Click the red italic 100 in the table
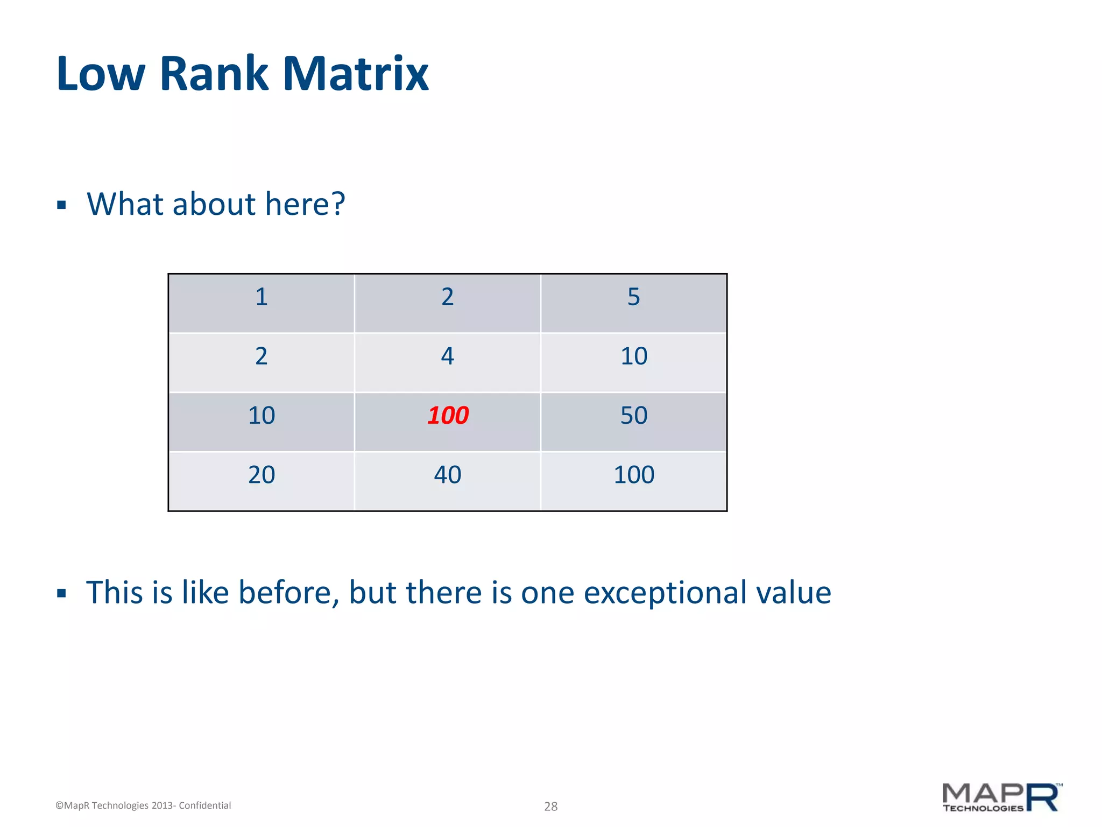pyautogui.click(x=448, y=416)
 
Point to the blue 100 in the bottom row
pyautogui.click(x=633, y=475)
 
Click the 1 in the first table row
pyautogui.click(x=262, y=297)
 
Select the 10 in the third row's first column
pyautogui.click(x=262, y=416)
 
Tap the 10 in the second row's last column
pyautogui.click(x=633, y=356)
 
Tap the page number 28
pyautogui.click(x=550, y=806)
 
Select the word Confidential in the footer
pyautogui.click(x=204, y=805)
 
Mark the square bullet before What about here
pyautogui.click(x=61, y=205)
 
